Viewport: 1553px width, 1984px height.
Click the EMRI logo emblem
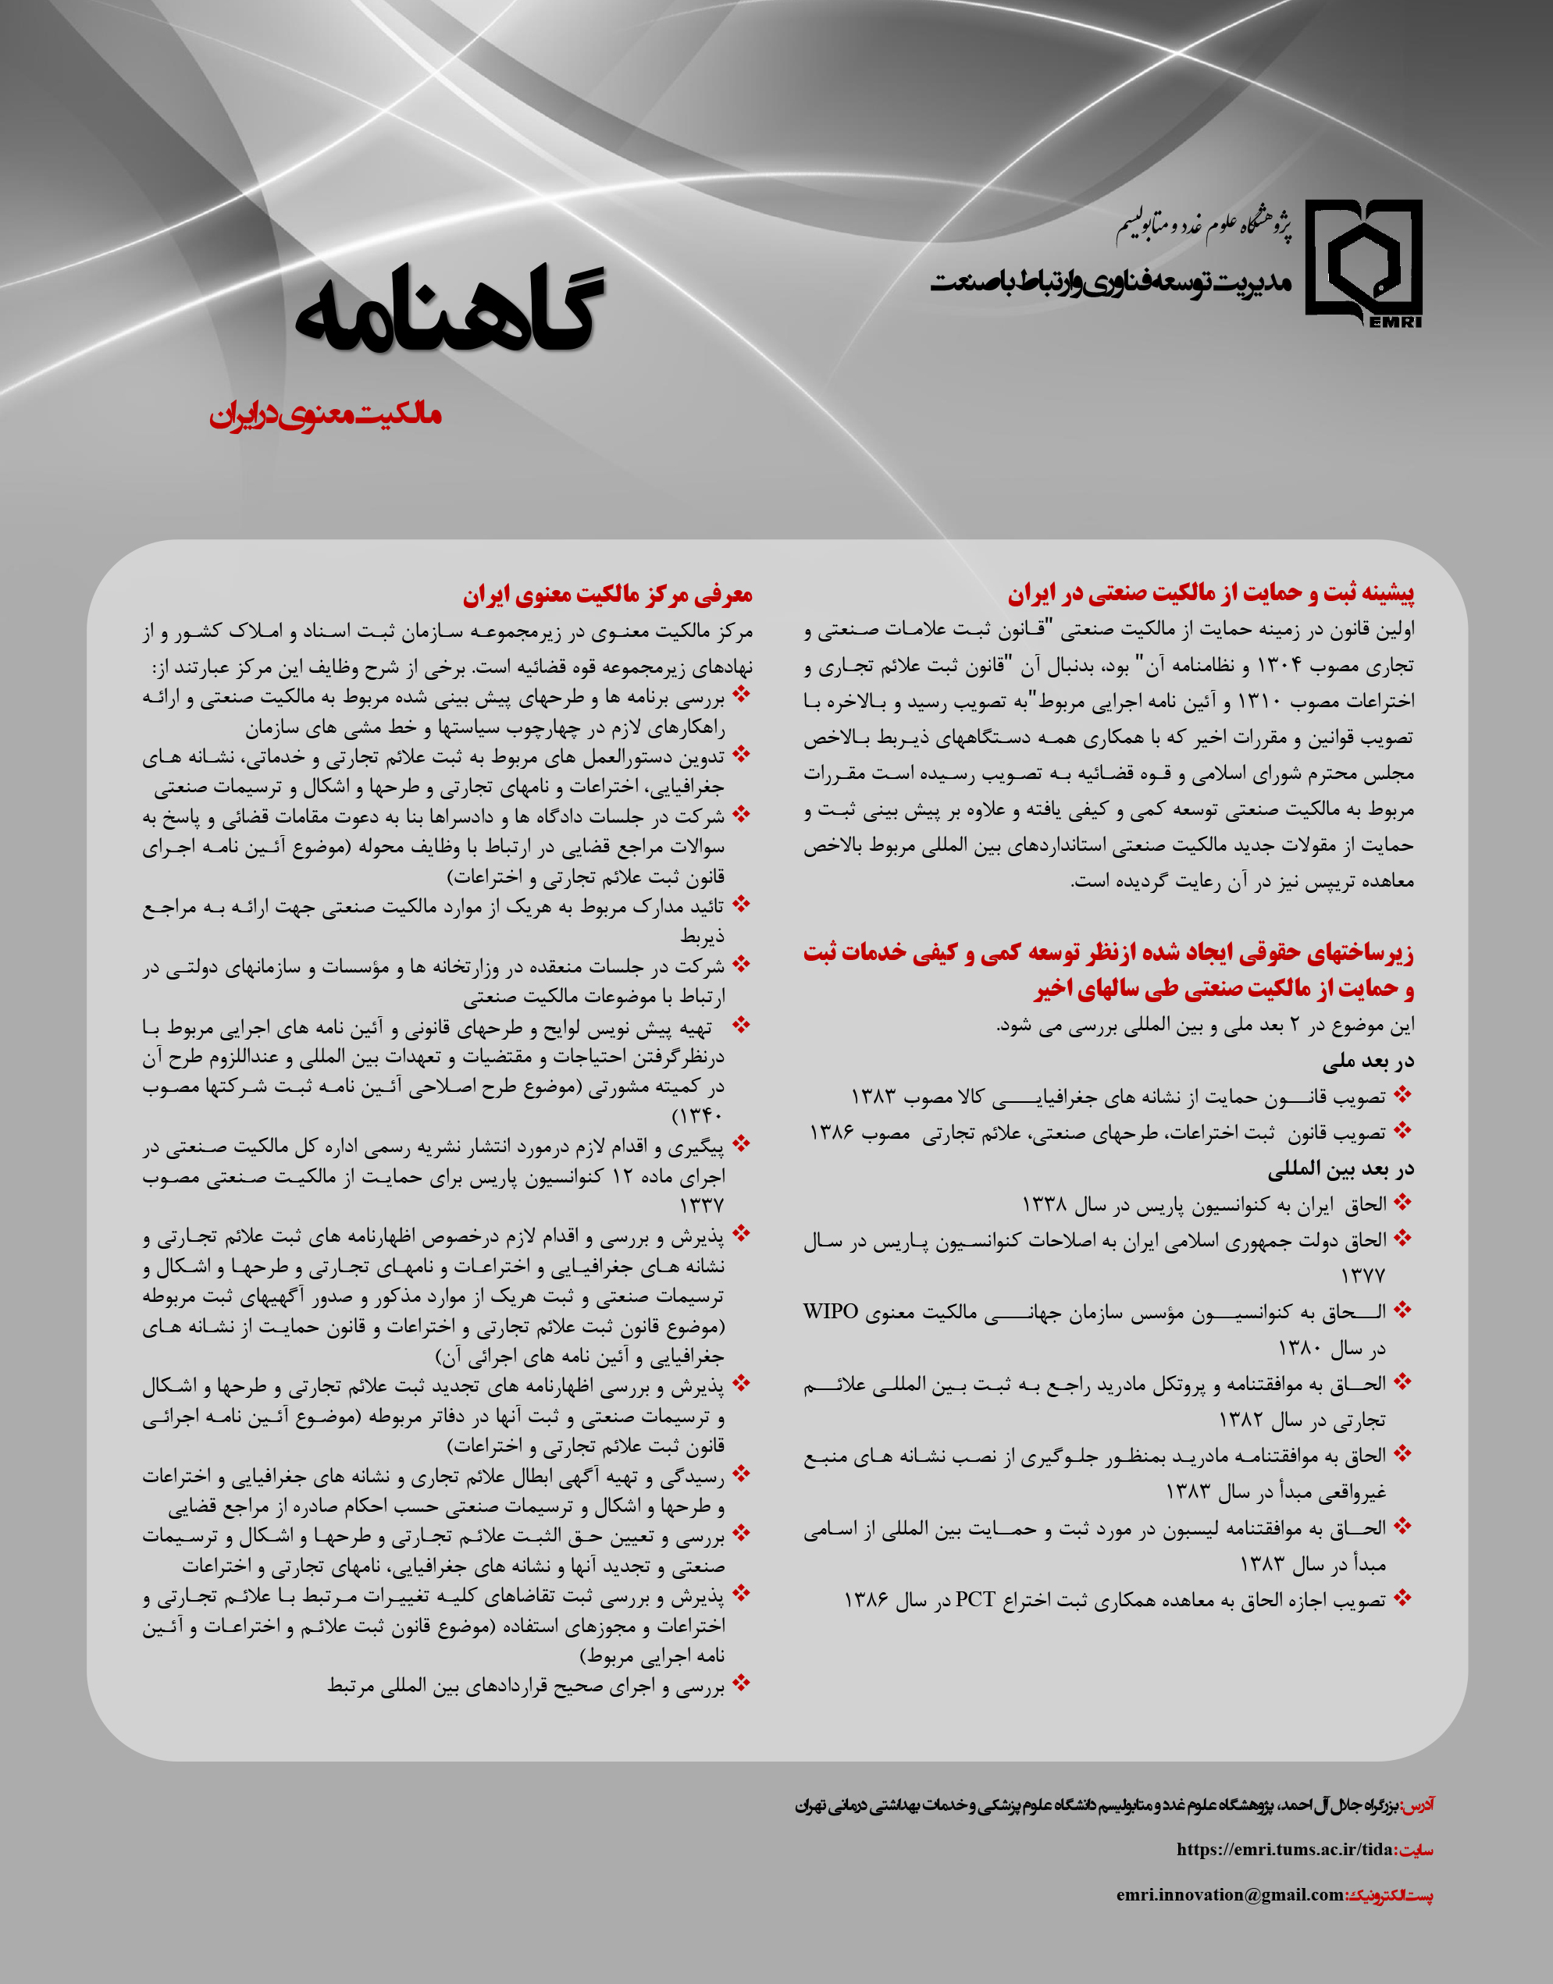1363,261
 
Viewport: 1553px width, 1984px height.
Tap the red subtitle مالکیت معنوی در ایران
326,415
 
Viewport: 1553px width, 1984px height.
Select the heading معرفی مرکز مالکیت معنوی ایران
607,596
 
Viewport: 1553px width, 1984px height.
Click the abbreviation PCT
974,1598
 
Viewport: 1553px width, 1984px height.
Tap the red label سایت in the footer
1415,1850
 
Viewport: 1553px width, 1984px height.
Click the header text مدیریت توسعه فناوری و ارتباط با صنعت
1110,282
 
